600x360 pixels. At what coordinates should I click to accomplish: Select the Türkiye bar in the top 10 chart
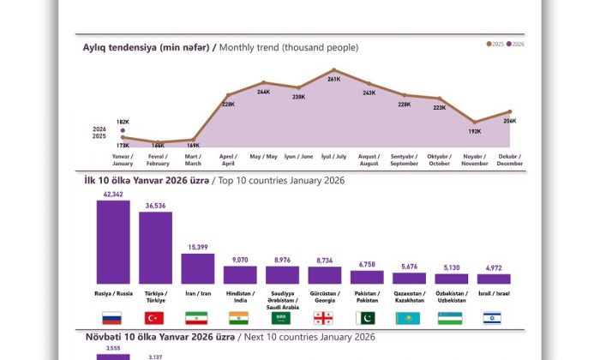[x=155, y=248]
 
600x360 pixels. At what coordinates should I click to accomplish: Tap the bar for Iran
[x=198, y=268]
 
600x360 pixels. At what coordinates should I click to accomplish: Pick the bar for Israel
[x=494, y=279]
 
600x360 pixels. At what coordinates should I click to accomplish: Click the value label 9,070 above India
[x=240, y=260]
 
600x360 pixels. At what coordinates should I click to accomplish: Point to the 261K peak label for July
[x=334, y=79]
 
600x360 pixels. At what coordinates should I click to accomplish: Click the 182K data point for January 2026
[x=123, y=131]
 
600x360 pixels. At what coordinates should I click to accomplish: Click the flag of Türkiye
[x=155, y=318]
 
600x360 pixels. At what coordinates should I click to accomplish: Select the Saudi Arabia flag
[x=282, y=318]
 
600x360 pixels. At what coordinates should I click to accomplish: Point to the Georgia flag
[x=324, y=318]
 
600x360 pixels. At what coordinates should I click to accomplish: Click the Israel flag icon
[x=494, y=318]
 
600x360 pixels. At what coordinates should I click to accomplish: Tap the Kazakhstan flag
[x=409, y=318]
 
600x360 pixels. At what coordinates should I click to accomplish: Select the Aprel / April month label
[x=228, y=159]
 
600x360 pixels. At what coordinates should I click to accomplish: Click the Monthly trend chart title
[x=220, y=47]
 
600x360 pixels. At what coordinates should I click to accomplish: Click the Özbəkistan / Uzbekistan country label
[x=451, y=297]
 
